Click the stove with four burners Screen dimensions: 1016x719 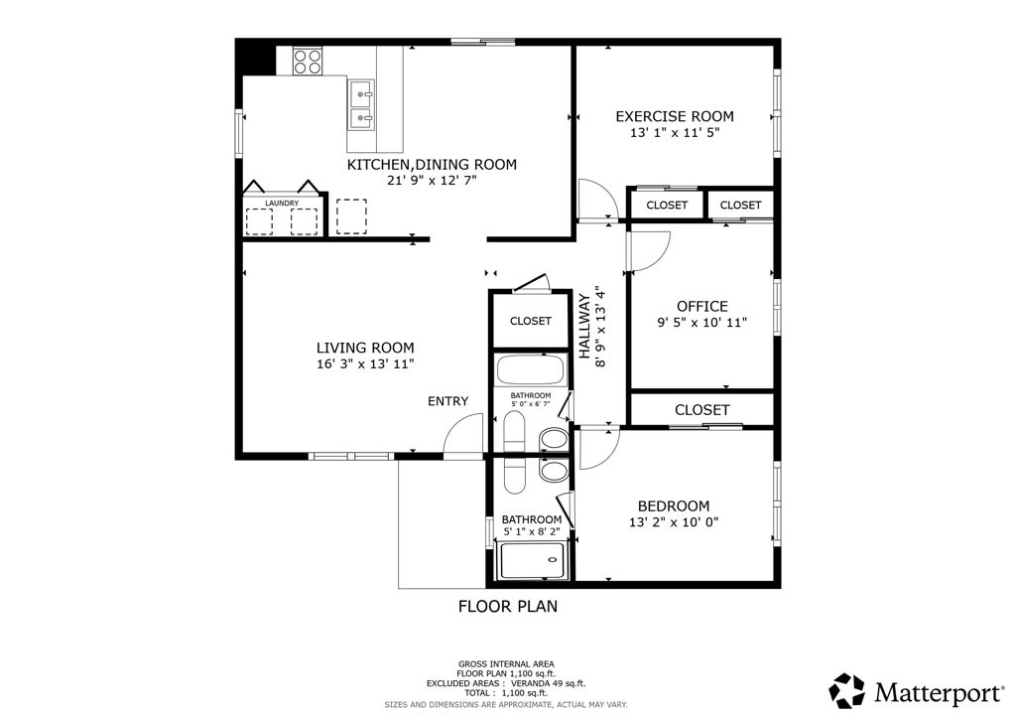[x=308, y=61]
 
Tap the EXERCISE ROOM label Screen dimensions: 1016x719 [x=675, y=117]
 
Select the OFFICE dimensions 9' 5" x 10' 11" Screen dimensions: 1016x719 [x=702, y=322]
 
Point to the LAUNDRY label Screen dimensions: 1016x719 [x=282, y=204]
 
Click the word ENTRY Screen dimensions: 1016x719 [x=447, y=401]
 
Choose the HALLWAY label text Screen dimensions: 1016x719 [x=584, y=327]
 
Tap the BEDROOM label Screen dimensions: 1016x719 [x=674, y=506]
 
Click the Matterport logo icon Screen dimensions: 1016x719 [x=847, y=690]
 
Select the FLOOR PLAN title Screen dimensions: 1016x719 [x=508, y=606]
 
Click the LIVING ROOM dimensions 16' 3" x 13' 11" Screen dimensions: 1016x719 [x=365, y=364]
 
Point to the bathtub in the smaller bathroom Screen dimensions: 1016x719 [x=532, y=370]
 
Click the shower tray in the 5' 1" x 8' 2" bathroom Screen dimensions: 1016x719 [x=533, y=561]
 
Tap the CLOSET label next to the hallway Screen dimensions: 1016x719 [x=531, y=321]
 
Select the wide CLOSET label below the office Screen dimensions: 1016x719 [x=702, y=410]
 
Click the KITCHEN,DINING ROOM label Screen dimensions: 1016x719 [x=433, y=165]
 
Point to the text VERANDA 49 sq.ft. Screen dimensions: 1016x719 [x=548, y=683]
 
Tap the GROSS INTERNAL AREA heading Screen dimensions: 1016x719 [x=506, y=664]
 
